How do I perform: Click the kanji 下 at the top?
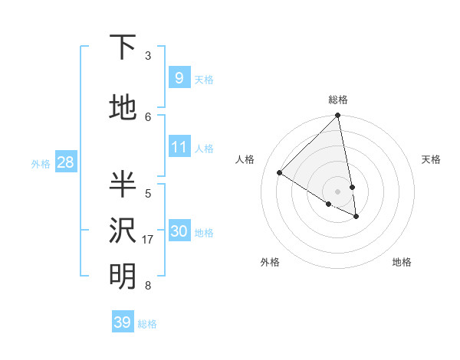pos(123,48)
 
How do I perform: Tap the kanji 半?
pos(123,185)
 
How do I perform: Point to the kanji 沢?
pos(123,231)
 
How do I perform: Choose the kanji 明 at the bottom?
pos(123,277)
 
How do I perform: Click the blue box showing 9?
pos(179,78)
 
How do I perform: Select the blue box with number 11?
pos(179,147)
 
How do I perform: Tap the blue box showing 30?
pos(179,231)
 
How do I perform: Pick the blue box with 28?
pos(65,162)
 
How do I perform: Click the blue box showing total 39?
pos(122,322)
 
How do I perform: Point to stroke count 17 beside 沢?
pos(148,240)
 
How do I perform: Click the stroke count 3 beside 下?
pos(148,56)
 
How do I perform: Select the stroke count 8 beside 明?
pos(148,286)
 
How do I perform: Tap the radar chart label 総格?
pos(338,100)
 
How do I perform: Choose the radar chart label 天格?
pos(431,159)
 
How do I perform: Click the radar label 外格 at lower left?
pos(270,263)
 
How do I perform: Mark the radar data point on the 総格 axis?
pos(338,116)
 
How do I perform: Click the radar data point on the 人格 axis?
pos(280,173)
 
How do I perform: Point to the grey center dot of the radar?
pos(338,191)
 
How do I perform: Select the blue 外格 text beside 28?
pos(40,163)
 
